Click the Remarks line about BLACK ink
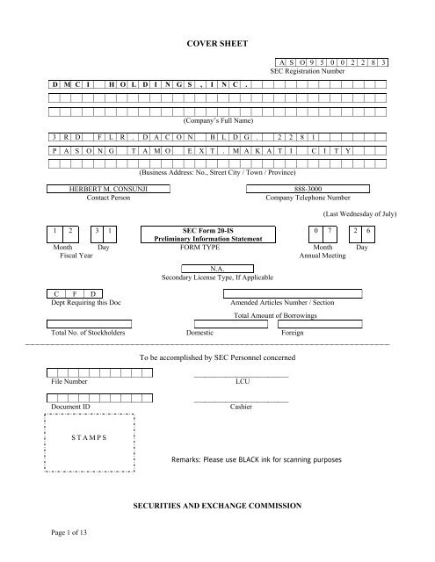[x=269, y=458]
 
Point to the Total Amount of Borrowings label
[x=282, y=314]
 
